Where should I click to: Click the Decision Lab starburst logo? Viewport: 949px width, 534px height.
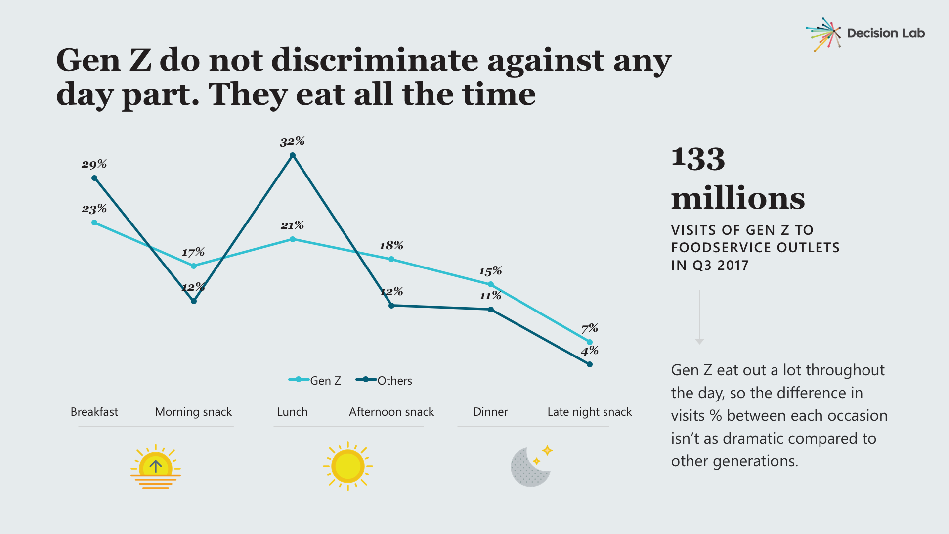pos(823,34)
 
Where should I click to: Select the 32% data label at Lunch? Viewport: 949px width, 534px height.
pos(292,142)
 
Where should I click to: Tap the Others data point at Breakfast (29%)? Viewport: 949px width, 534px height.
pos(94,178)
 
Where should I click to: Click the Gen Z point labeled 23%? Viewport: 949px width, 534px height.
pos(94,222)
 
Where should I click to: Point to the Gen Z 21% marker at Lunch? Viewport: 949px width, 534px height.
pos(293,239)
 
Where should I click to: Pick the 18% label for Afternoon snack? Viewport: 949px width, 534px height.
pos(391,246)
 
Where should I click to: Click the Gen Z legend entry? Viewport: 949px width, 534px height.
pos(315,380)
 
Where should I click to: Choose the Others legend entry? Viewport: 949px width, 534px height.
pos(384,380)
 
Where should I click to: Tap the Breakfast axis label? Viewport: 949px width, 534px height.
pos(94,412)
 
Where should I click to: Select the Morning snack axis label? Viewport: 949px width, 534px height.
pos(193,412)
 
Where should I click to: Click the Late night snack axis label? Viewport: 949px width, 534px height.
pos(590,412)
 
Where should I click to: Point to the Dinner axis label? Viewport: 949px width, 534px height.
pos(490,412)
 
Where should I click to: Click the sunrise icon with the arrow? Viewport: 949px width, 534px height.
pos(156,467)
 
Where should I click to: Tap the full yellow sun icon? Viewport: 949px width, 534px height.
pos(348,466)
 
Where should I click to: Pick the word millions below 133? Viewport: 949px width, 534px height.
pos(738,198)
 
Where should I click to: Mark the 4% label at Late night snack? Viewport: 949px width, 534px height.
pos(590,351)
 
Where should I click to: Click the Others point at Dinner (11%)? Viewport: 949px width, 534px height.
pos(491,310)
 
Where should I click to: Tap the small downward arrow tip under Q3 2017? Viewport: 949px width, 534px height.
pos(699,341)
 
